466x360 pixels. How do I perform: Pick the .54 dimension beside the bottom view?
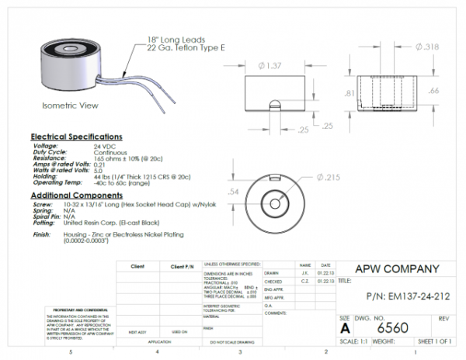click(232, 191)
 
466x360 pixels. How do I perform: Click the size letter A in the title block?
click(346, 328)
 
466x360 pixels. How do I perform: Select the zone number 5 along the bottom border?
click(71, 353)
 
